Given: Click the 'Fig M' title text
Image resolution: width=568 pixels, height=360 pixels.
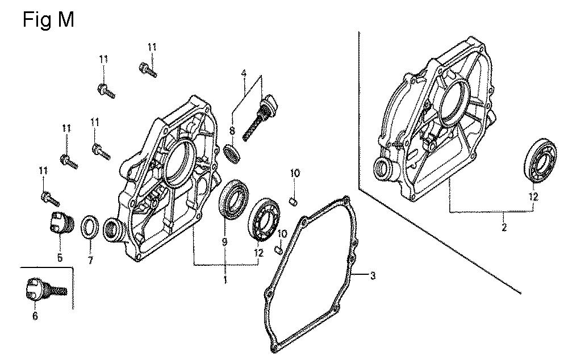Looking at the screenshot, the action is click(48, 19).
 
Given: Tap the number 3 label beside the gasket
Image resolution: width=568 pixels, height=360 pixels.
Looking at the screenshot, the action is click(373, 275).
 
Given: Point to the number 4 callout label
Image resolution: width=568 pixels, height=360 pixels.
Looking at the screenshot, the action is click(244, 73).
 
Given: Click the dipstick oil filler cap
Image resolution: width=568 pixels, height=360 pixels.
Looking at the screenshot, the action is click(262, 115).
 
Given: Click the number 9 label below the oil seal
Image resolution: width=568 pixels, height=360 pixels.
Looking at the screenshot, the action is click(224, 241).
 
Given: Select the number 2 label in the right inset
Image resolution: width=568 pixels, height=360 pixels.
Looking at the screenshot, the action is click(503, 228).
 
